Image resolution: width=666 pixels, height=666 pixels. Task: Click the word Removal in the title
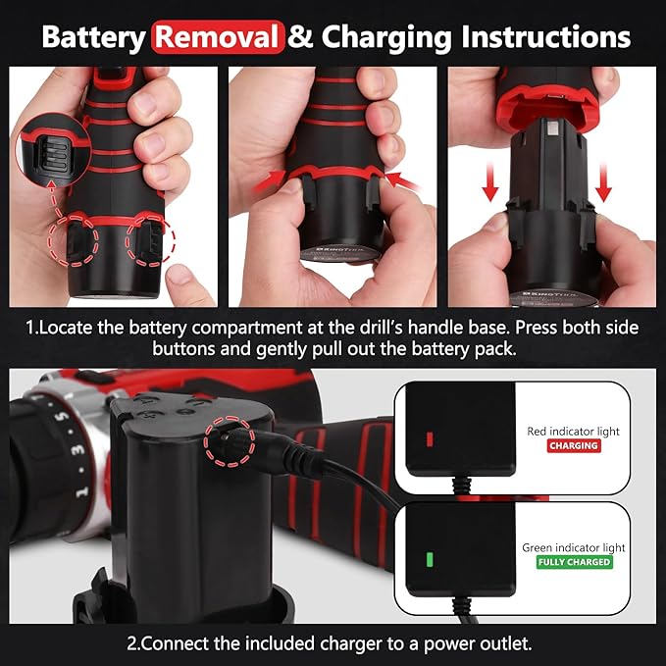218,37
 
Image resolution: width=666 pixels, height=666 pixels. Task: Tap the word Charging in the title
386,38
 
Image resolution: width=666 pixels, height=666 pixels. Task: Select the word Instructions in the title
545,37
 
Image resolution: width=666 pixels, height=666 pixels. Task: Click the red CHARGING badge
574,445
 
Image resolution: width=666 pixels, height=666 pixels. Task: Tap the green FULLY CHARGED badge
574,562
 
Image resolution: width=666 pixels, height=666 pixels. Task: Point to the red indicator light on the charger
430,439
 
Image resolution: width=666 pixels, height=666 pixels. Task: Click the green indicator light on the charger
430,559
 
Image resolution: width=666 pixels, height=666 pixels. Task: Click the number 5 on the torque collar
63,417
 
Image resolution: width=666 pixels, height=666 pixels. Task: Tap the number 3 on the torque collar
77,450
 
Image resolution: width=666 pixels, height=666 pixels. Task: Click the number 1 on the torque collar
82,491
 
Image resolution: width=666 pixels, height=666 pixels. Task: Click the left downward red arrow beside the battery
490,182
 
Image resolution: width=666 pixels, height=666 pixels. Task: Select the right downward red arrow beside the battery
603,182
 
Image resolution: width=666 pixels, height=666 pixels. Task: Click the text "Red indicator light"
574,432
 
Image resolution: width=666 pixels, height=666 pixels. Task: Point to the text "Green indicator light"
574,548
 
